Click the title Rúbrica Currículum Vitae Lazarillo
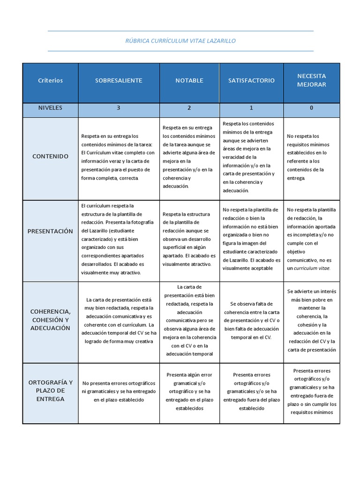(x=180, y=41)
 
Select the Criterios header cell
(x=50, y=81)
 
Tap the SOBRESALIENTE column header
(x=119, y=81)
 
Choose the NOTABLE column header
(x=189, y=81)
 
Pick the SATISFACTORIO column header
(x=251, y=81)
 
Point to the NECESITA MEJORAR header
(x=311, y=80)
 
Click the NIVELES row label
(x=50, y=108)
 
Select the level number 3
(x=119, y=108)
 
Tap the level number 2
(x=189, y=108)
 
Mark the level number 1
(x=251, y=108)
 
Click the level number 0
(x=311, y=108)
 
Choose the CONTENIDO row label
(x=50, y=156)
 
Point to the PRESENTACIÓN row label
(x=50, y=231)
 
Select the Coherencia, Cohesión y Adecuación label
(x=50, y=320)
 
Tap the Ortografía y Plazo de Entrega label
(x=50, y=390)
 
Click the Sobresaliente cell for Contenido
(x=119, y=157)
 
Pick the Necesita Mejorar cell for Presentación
(x=311, y=239)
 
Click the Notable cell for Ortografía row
(x=189, y=391)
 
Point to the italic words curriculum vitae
(x=312, y=269)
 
